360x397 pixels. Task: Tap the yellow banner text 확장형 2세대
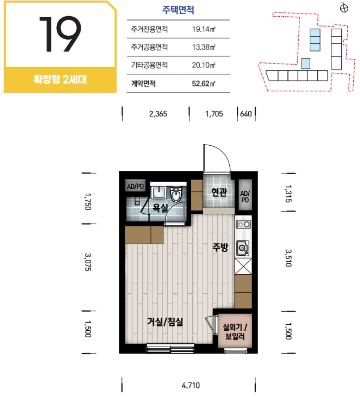click(x=60, y=79)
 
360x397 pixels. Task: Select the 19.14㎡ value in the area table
click(x=204, y=29)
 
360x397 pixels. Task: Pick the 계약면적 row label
click(x=143, y=83)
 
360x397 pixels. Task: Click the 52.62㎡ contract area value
click(x=204, y=83)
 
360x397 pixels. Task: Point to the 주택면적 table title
click(x=178, y=10)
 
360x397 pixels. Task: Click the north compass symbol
click(x=344, y=8)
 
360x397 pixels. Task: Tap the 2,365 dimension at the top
click(x=158, y=114)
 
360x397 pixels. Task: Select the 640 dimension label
click(x=246, y=114)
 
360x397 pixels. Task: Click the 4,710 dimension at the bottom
click(x=191, y=385)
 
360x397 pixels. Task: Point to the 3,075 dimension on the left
click(x=88, y=262)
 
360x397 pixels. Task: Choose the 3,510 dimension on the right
click(x=288, y=258)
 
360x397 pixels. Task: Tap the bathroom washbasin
click(x=158, y=193)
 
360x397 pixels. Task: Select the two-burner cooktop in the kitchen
click(x=243, y=224)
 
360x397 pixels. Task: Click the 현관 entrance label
click(x=219, y=192)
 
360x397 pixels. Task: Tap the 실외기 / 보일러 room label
click(x=235, y=332)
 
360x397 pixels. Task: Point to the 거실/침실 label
click(x=165, y=322)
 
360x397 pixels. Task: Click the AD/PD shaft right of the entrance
click(x=245, y=195)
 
